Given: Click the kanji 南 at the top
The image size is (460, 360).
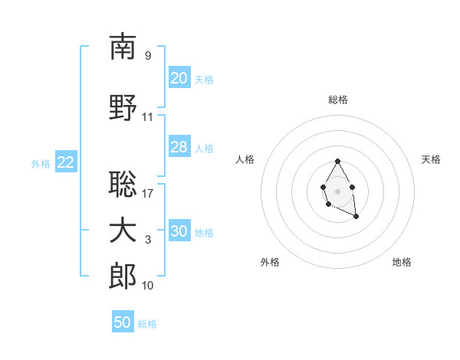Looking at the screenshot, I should point(123,47).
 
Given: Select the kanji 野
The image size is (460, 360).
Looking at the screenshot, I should point(123,108).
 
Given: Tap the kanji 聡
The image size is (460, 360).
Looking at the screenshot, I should point(123,184).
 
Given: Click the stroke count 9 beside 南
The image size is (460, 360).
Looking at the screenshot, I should point(148,55).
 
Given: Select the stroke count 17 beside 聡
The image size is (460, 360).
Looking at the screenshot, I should point(148,193).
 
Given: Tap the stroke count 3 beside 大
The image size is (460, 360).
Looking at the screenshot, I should point(148,240).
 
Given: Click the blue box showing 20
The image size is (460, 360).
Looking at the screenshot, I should point(179,78).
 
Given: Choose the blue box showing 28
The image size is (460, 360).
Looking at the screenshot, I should point(179,147).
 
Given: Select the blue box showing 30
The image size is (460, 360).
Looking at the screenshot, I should point(179,231).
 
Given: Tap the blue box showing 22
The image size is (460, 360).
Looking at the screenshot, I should point(66,162).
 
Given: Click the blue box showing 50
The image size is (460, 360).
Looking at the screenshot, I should point(123,322).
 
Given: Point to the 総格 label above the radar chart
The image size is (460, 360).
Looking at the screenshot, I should point(337,100).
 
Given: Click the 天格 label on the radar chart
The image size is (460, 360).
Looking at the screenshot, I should point(431,159).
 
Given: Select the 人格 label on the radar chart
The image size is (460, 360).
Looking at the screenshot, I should point(245,159).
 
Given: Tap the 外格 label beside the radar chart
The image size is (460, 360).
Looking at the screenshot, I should point(269,262).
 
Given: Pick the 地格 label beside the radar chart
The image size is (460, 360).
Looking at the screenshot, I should point(402,262).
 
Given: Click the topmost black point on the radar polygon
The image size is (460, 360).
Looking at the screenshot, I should point(337,162).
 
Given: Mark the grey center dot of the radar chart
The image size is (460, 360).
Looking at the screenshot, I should point(337,191).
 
